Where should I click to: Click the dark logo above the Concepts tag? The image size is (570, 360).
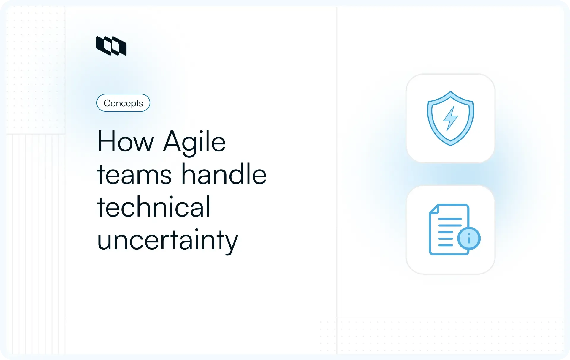[111, 46]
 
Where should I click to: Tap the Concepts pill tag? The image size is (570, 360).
[123, 103]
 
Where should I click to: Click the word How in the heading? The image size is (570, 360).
[125, 142]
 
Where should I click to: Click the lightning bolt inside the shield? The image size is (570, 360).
[450, 118]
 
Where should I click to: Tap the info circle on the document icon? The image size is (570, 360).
[469, 238]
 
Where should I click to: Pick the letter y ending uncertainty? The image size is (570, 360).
[231, 243]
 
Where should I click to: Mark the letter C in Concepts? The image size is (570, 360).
[107, 103]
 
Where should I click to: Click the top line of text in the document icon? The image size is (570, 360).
[450, 219]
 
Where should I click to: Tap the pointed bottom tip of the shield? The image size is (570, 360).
[450, 145]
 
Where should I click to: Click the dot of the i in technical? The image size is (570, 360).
[171, 197]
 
